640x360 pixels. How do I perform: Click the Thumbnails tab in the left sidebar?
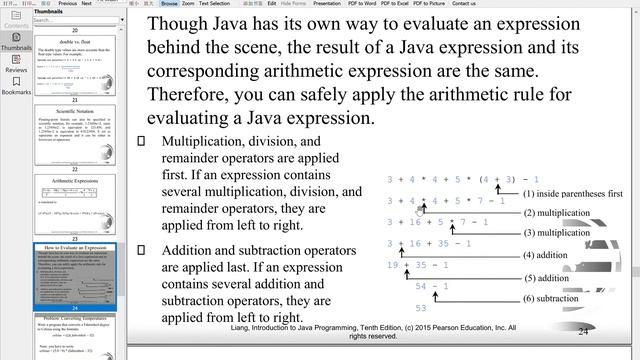click(x=16, y=38)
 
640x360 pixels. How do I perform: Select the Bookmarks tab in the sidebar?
click(x=16, y=86)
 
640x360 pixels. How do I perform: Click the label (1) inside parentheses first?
click(x=572, y=193)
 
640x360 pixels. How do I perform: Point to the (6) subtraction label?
click(x=551, y=299)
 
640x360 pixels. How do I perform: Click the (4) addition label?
click(x=546, y=255)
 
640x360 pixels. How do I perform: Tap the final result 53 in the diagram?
click(x=421, y=308)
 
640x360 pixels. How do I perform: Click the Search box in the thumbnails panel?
click(x=55, y=19)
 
